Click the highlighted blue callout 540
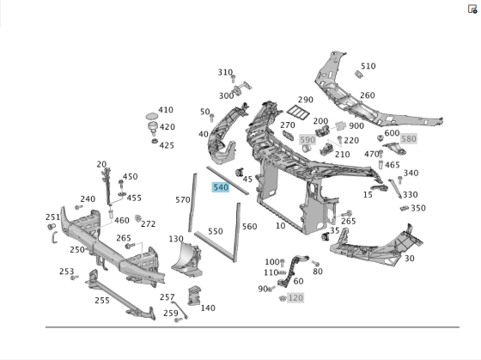(x=221, y=186)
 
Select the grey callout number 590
(x=307, y=140)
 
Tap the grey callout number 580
(x=408, y=139)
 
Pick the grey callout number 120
(x=295, y=297)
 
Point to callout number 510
(x=368, y=66)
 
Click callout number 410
(x=165, y=110)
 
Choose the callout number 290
(x=306, y=101)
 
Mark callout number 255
(x=101, y=301)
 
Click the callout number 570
(x=182, y=200)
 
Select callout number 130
(x=176, y=239)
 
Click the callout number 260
(x=367, y=95)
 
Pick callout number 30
(x=409, y=259)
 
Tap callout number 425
(x=166, y=145)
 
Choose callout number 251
(x=52, y=217)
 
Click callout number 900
(x=356, y=125)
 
